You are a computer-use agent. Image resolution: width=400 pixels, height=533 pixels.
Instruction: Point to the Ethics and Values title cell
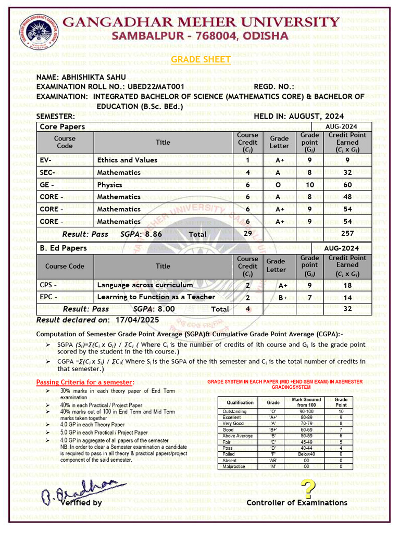click(127, 160)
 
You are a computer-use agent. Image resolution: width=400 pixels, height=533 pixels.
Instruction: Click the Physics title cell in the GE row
click(109, 185)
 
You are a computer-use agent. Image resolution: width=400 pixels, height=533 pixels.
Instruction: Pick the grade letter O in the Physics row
click(279, 185)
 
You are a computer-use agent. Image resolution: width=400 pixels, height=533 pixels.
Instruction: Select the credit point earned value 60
click(347, 185)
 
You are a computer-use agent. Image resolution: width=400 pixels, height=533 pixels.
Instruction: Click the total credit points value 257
click(347, 234)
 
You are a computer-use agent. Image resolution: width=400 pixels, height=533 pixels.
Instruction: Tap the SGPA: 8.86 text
click(141, 234)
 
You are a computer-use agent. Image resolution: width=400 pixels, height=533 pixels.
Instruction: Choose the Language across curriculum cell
click(145, 285)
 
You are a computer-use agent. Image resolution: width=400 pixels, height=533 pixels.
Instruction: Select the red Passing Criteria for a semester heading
click(85, 383)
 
